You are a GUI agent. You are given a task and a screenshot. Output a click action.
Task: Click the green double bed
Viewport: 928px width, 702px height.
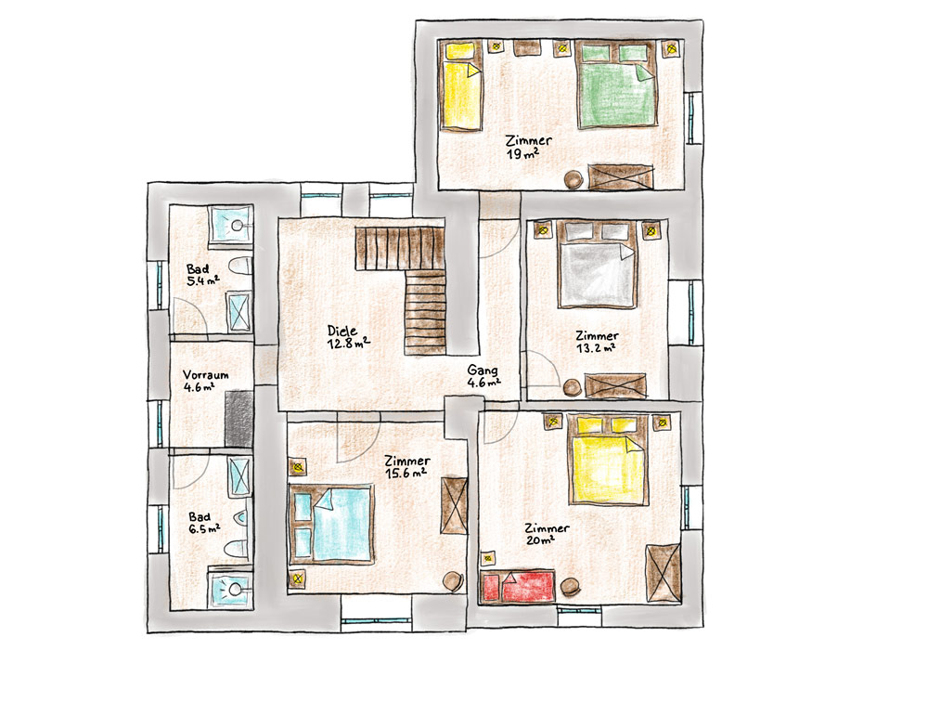pos(616,84)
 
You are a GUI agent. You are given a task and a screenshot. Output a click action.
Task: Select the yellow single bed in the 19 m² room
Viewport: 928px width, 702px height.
pos(461,85)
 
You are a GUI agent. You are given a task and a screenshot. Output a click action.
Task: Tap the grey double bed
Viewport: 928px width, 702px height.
pos(597,265)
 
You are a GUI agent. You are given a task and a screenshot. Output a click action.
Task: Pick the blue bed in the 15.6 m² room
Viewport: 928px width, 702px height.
pos(331,524)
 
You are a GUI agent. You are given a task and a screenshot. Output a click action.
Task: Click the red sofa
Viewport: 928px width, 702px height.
pos(519,587)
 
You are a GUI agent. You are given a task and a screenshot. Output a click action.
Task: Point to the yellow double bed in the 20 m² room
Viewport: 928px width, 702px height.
pos(608,460)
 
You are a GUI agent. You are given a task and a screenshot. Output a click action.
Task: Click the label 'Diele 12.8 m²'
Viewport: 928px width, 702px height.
pos(348,336)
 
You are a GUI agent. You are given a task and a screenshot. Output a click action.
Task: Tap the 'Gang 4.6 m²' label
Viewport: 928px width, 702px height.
pos(483,376)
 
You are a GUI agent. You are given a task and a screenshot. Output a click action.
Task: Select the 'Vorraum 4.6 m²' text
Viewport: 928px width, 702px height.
pos(205,381)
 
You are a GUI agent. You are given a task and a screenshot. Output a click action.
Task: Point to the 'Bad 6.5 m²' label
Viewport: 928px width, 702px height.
pos(204,523)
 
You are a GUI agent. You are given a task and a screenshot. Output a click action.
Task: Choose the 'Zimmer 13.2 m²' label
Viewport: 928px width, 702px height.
pos(597,342)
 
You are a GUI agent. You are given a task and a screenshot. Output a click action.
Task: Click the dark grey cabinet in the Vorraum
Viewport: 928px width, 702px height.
pos(239,418)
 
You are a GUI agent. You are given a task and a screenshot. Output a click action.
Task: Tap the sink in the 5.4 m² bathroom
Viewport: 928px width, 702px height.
pos(231,224)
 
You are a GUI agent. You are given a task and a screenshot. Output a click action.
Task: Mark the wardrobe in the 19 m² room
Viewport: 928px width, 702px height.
pos(621,176)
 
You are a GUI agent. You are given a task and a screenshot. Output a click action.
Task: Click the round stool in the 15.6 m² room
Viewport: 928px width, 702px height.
pos(453,580)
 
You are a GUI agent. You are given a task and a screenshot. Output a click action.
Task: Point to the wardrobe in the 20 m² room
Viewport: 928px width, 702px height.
pos(663,573)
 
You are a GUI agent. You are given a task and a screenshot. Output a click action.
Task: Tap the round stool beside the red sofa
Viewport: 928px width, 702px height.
pos(571,587)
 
